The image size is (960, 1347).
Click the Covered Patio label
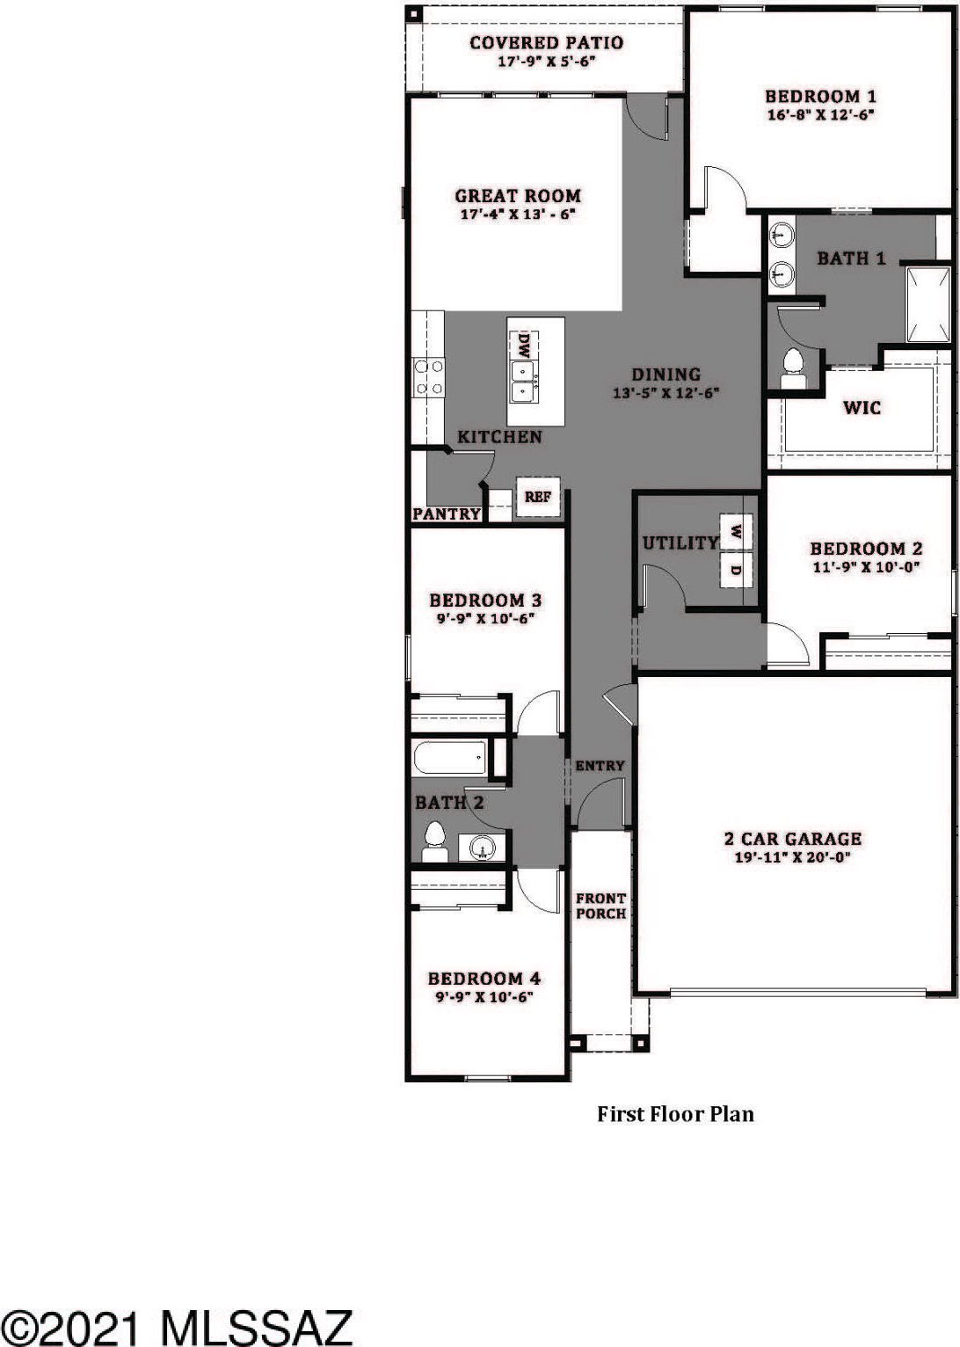point(546,43)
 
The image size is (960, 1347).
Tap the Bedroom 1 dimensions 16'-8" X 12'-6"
point(820,114)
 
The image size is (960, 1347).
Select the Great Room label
point(518,195)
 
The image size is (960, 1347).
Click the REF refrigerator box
point(538,497)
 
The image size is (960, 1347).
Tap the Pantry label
point(446,513)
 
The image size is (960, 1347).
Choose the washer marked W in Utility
point(736,531)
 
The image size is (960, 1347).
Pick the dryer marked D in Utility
point(736,569)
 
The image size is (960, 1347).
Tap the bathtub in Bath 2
point(449,758)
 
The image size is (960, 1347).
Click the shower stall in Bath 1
point(928,305)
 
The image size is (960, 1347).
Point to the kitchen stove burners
point(428,378)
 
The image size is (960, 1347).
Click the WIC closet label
point(862,408)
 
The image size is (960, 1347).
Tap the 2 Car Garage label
point(792,839)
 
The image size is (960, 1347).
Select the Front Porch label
point(601,906)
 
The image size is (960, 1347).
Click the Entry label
point(600,766)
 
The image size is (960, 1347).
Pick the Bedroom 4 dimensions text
point(484,997)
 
